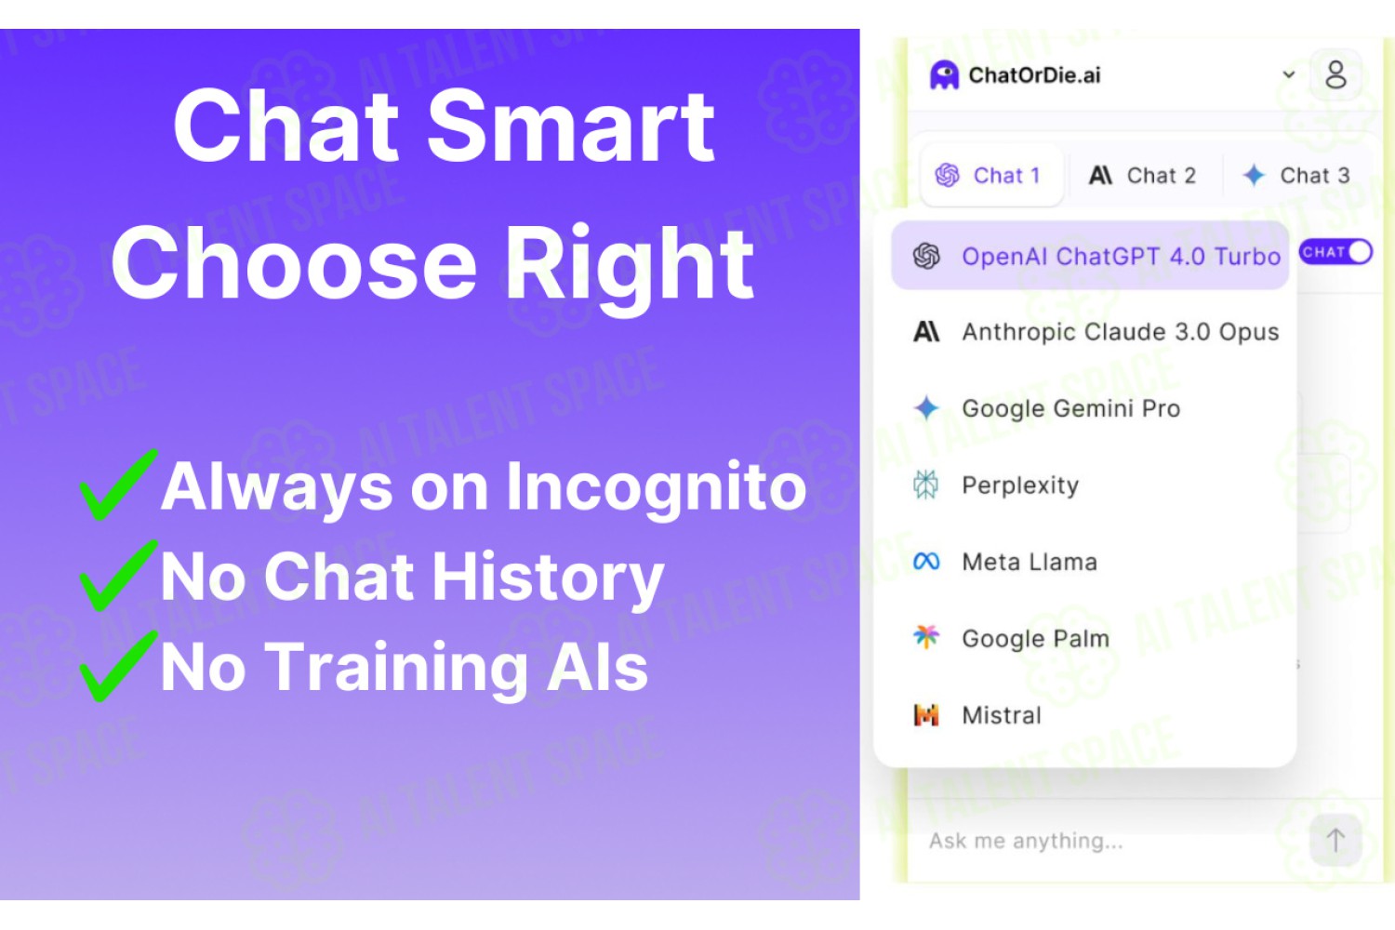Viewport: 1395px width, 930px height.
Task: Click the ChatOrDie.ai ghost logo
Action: pos(944,75)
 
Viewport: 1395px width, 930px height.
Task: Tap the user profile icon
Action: pos(1335,74)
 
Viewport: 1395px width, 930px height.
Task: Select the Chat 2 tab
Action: pos(1143,176)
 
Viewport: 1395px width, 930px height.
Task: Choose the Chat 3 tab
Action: pos(1296,176)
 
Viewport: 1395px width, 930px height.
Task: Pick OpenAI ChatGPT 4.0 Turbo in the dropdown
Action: pos(1090,256)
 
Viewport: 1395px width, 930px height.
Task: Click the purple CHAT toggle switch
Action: pos(1335,252)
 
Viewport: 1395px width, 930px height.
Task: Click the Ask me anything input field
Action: pos(1109,841)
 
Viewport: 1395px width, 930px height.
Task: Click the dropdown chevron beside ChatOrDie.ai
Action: pos(1288,74)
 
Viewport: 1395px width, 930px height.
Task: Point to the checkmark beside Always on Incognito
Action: pos(118,485)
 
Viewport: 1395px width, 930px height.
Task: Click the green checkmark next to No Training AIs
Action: pos(118,666)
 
